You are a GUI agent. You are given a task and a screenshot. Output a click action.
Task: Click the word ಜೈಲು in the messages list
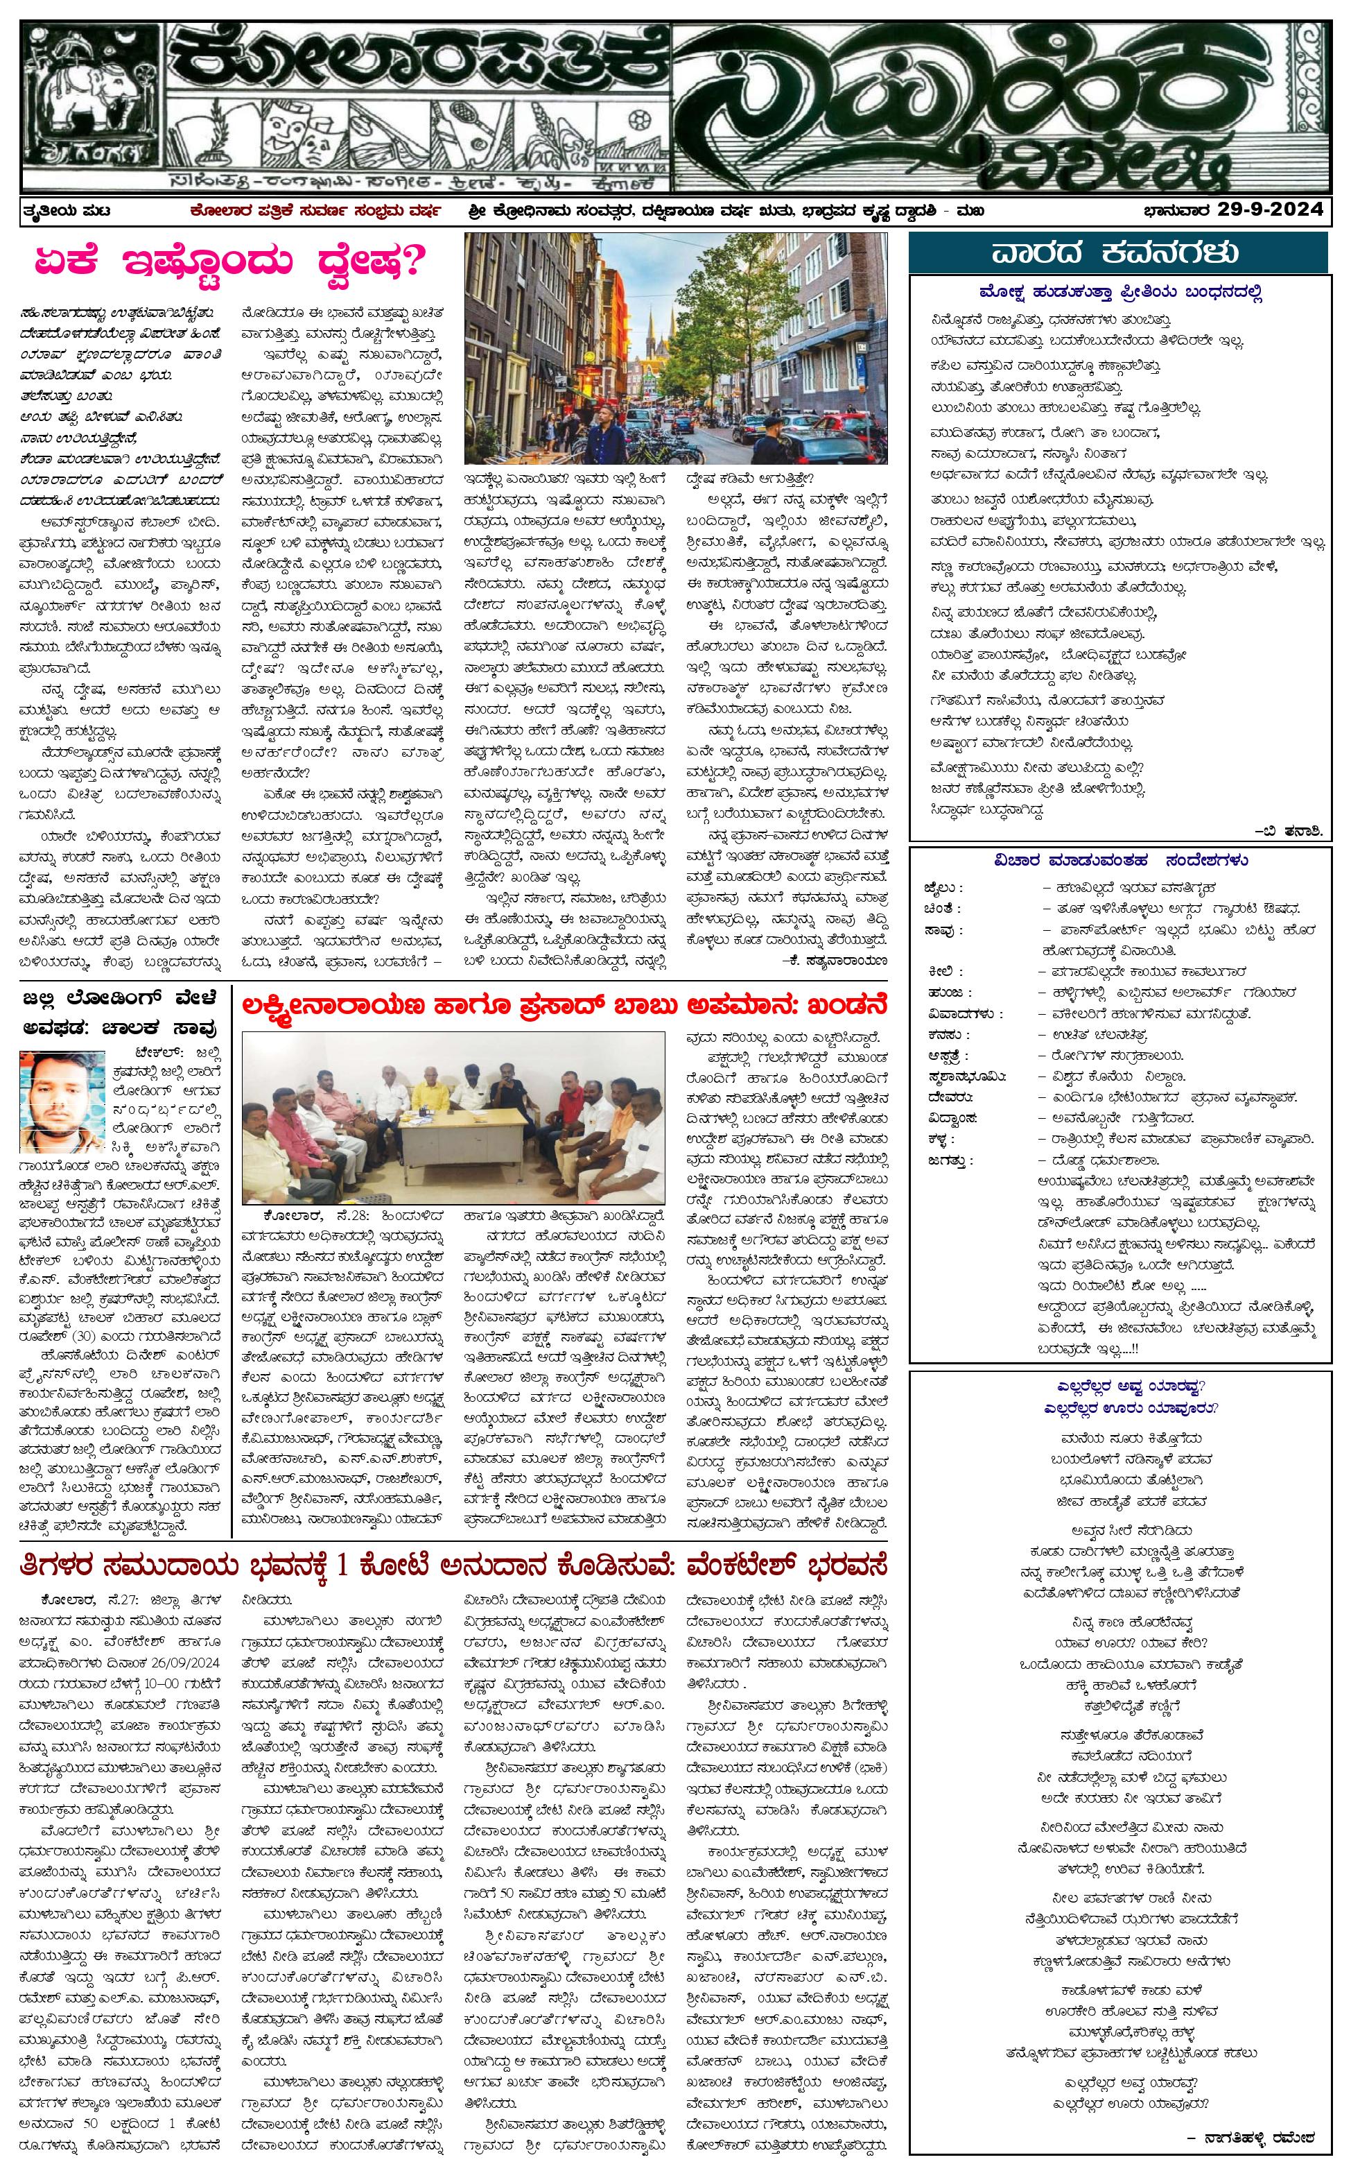tap(943, 888)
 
